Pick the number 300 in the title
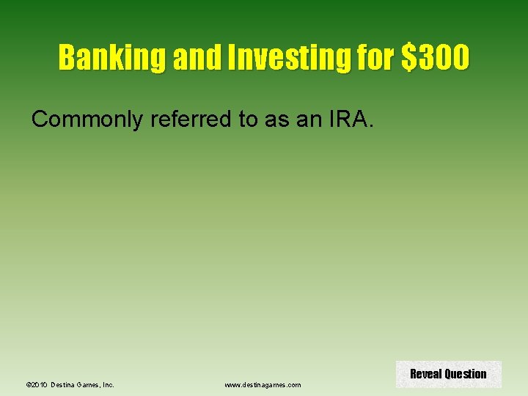tap(443, 57)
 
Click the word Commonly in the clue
tap(88, 120)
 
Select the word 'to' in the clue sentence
tap(248, 120)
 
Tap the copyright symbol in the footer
tap(27, 384)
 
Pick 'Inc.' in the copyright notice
tap(108, 384)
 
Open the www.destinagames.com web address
tap(263, 384)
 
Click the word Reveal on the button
tap(425, 374)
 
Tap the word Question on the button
tap(465, 374)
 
